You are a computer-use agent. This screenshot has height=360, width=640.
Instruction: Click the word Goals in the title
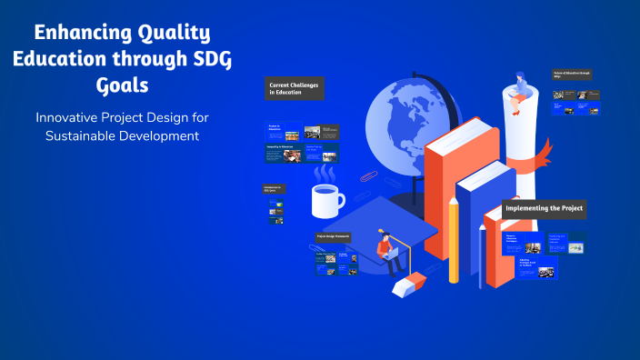coord(121,85)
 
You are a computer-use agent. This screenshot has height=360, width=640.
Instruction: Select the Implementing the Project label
coord(545,209)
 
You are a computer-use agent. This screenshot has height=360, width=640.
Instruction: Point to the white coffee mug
coord(326,199)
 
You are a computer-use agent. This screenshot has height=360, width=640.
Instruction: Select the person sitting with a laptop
coord(390,252)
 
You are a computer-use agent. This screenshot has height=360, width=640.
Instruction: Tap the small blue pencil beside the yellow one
coord(480,255)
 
